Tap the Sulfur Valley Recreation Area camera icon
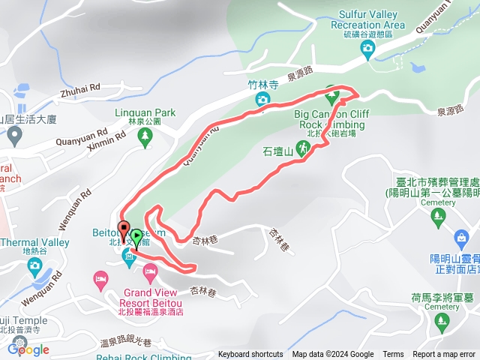367,49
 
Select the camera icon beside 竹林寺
262,99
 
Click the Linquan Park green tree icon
145,136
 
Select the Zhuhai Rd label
80,88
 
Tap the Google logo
28,349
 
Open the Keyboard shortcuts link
250,355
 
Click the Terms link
393,355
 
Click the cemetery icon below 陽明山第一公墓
439,217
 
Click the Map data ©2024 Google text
333,355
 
